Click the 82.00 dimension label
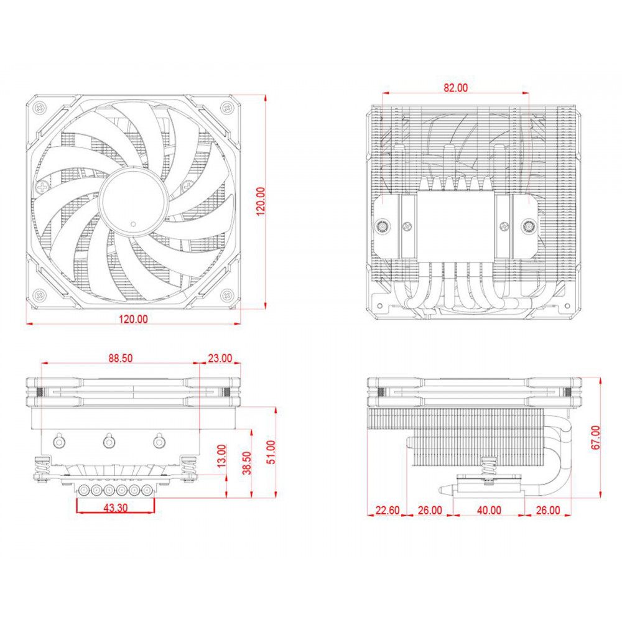455,88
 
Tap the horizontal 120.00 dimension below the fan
134,320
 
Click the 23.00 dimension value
219,358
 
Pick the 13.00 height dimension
221,457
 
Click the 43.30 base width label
115,508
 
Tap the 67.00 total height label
595,438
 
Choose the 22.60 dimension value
388,510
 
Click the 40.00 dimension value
489,510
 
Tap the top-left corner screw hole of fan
39,106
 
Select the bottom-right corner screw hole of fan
228,295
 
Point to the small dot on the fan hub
133,222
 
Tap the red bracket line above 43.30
115,499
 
